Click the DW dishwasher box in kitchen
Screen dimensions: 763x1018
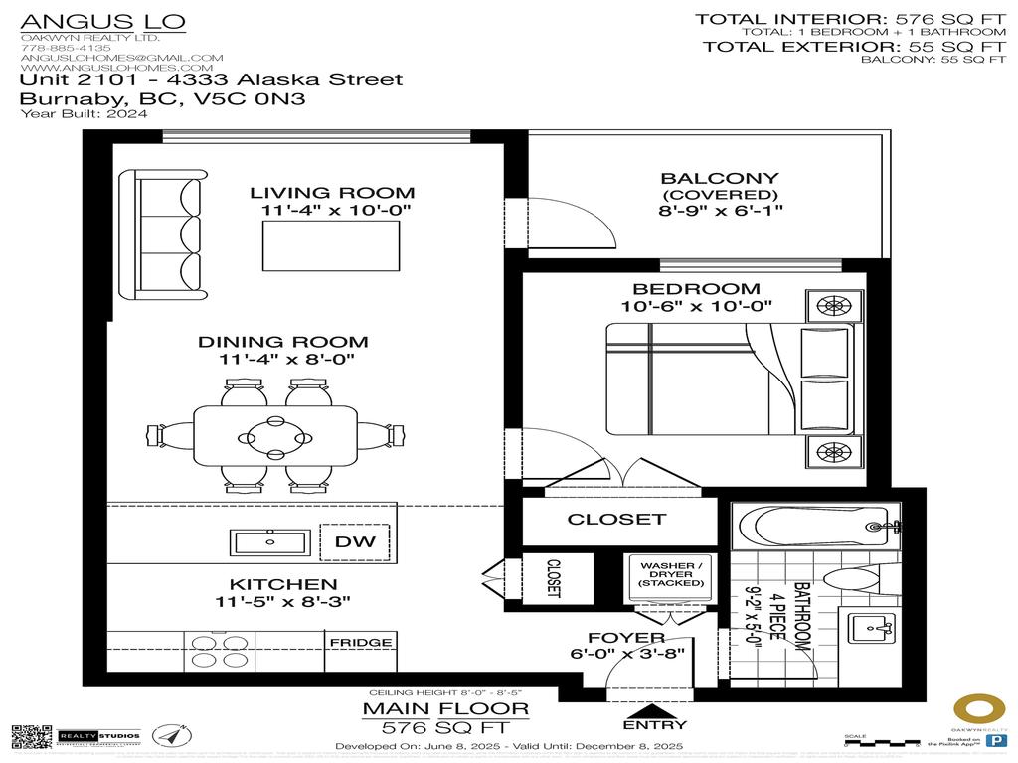coord(355,541)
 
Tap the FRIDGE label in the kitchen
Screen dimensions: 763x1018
coord(360,642)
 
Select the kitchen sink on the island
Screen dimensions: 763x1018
coord(269,542)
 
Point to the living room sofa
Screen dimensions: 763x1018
coord(164,234)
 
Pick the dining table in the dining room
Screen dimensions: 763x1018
coord(276,435)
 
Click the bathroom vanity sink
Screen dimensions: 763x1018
coord(872,628)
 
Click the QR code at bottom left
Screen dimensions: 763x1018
coord(32,736)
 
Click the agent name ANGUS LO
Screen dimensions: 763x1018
coord(102,21)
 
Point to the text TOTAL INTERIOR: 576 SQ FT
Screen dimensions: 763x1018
coord(850,18)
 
